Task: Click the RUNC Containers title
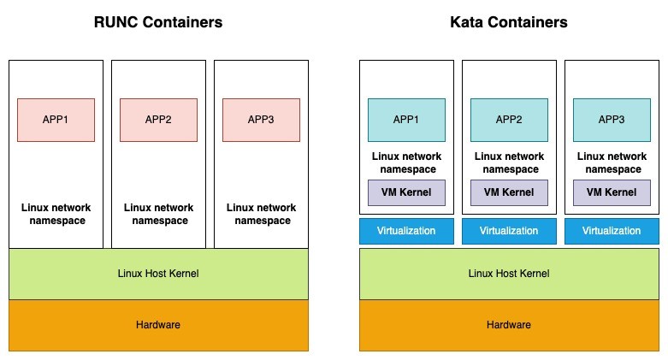[158, 22]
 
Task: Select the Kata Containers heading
[509, 22]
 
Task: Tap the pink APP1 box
[56, 120]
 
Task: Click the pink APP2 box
[158, 120]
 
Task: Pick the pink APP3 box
[260, 120]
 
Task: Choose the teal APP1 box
[406, 120]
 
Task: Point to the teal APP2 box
[509, 120]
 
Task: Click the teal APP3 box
[612, 120]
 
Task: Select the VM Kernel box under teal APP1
[406, 192]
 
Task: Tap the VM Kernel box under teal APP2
[509, 192]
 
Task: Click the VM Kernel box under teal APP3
[612, 192]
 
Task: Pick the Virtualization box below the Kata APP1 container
[406, 231]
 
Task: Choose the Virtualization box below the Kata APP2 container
[509, 231]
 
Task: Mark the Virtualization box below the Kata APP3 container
[612, 231]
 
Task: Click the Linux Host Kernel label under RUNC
[158, 274]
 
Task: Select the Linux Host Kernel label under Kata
[509, 274]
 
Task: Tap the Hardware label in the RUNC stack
[158, 325]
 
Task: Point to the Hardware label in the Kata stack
[509, 325]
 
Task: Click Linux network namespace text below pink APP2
[158, 214]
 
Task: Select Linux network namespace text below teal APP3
[612, 162]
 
